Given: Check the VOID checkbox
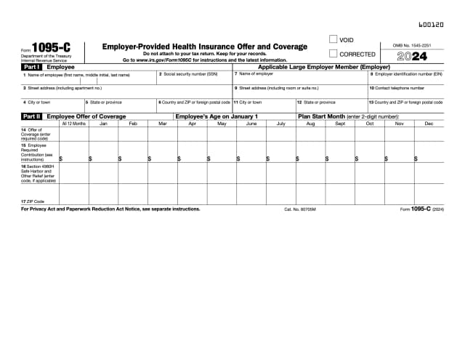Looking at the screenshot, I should pyautogui.click(x=333, y=39).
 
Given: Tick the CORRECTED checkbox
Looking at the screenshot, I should pyautogui.click(x=333, y=53).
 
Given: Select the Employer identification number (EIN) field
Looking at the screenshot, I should pyautogui.click(x=405, y=79).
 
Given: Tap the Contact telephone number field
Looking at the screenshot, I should pyautogui.click(x=405, y=92).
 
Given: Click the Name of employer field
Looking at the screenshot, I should pyautogui.click(x=299, y=79).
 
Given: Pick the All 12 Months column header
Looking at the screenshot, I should pyautogui.click(x=73, y=124).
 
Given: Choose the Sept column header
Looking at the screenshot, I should pyautogui.click(x=340, y=124).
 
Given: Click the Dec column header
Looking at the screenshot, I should pyautogui.click(x=429, y=124).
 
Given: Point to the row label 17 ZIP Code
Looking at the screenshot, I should pyautogui.click(x=33, y=201).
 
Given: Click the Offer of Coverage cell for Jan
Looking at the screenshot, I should pyautogui.click(x=103, y=134).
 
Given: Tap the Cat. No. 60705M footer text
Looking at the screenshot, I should pyautogui.click(x=300, y=209).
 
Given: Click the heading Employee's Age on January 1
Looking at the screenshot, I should pyautogui.click(x=217, y=116).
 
